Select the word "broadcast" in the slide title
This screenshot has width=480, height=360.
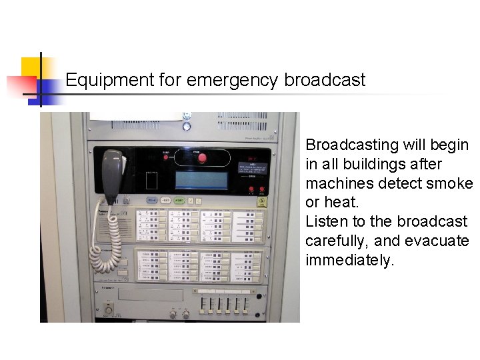(x=325, y=81)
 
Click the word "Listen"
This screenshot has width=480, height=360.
(x=326, y=221)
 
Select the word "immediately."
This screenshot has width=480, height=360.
(x=350, y=260)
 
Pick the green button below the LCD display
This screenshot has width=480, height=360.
(x=166, y=201)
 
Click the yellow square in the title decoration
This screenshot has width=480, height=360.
(x=31, y=69)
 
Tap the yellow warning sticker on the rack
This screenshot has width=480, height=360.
(x=262, y=202)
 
